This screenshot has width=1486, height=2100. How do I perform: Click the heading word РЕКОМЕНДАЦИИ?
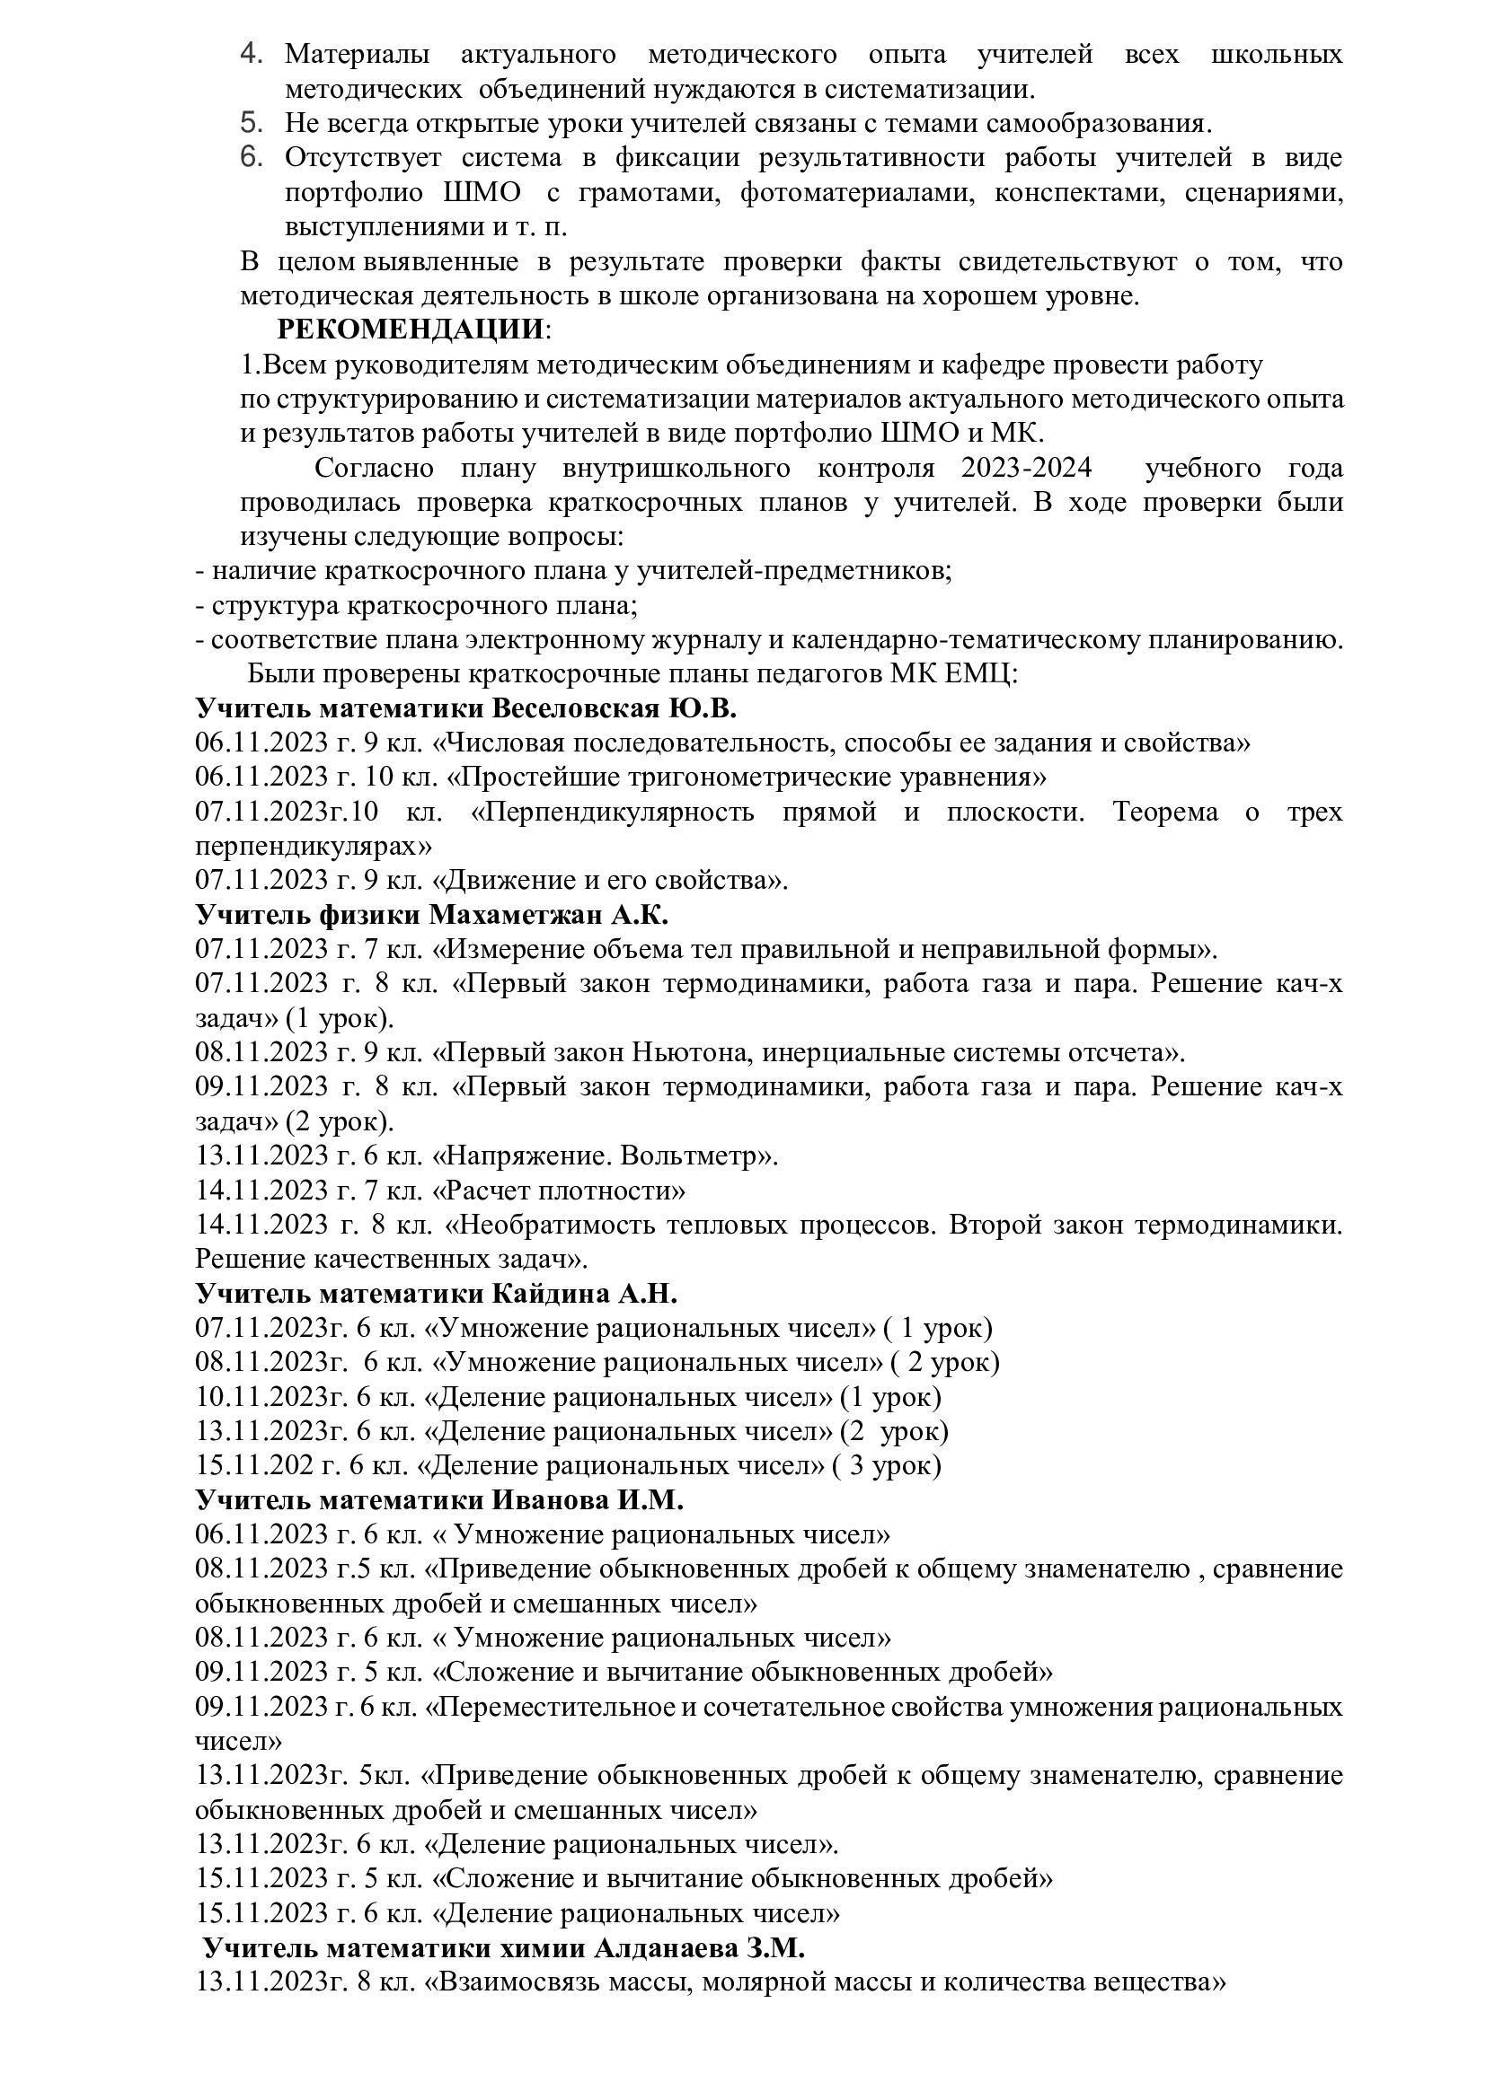click(x=410, y=329)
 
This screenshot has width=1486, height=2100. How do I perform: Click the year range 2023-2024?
click(x=1026, y=469)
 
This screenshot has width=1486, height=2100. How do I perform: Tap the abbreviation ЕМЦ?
click(x=979, y=674)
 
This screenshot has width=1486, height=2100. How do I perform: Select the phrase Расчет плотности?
click(x=561, y=1191)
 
